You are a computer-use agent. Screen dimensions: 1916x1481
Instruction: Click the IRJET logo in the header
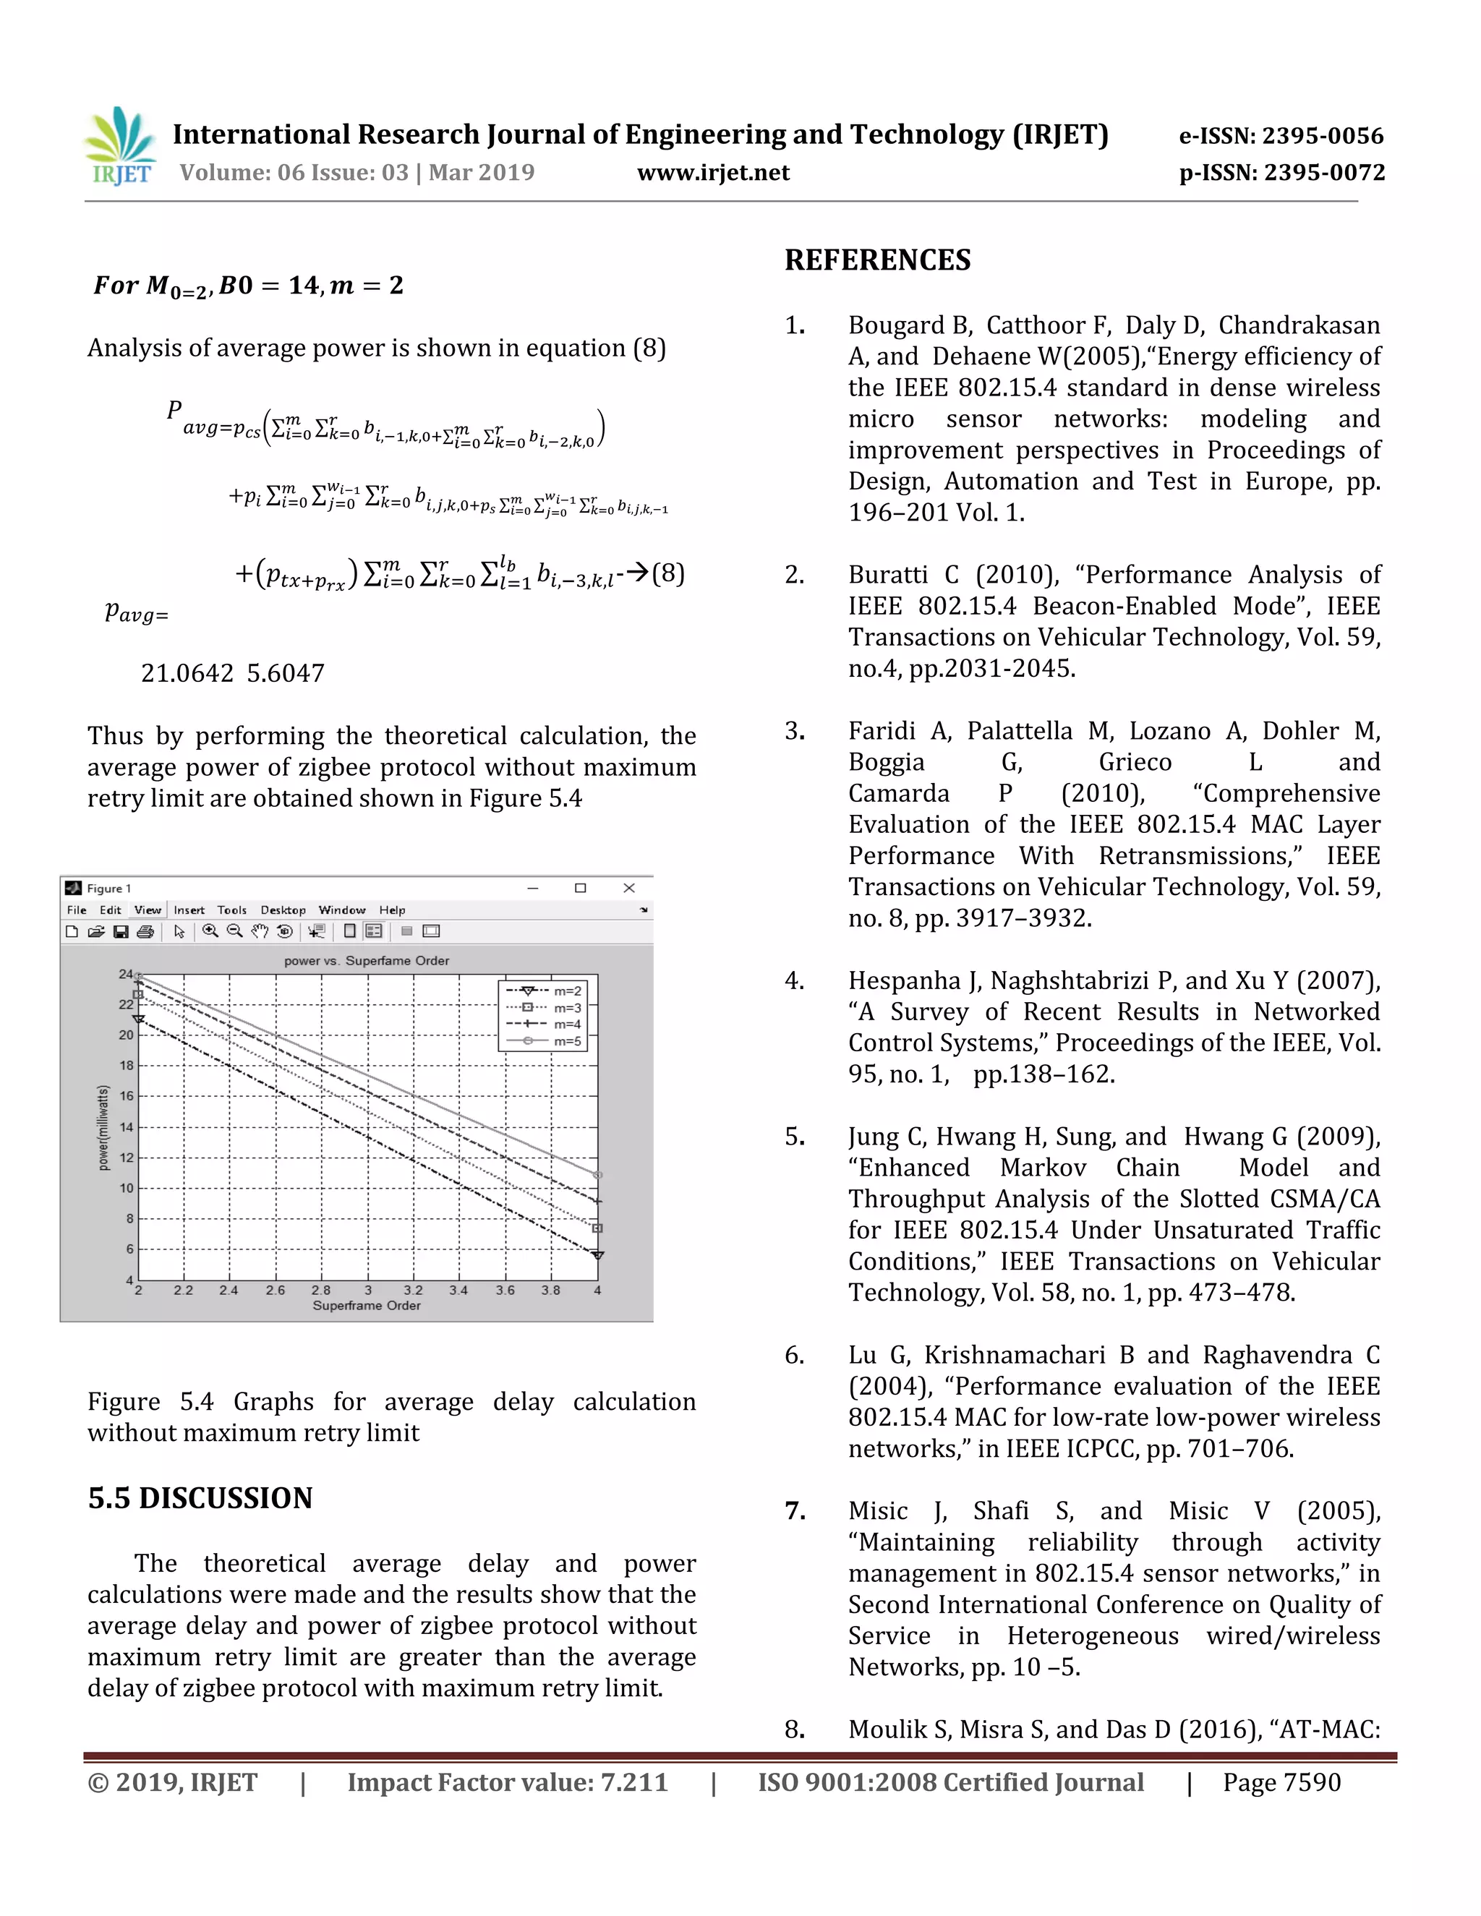(121, 147)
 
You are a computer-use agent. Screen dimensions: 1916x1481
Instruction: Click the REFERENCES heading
(877, 260)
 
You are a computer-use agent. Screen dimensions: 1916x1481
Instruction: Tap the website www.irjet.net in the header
(712, 173)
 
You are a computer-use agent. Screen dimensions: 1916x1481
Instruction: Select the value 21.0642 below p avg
(187, 673)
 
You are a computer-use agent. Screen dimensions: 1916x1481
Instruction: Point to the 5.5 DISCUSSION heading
(200, 1497)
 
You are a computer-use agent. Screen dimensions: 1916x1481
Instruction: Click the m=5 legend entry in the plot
(567, 1041)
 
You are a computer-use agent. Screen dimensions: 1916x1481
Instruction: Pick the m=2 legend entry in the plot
(567, 991)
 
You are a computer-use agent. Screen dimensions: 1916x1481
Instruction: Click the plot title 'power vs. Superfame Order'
(366, 961)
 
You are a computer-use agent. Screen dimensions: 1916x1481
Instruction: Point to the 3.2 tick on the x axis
(412, 1291)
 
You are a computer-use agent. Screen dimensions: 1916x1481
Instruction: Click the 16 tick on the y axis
(127, 1095)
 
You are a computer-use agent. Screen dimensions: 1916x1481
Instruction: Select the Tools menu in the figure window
(231, 910)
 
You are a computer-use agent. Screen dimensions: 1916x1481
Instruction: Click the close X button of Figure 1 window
(628, 888)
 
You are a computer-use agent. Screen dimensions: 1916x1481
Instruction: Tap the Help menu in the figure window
(391, 910)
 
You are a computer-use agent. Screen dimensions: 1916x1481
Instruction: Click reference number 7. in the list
(795, 1510)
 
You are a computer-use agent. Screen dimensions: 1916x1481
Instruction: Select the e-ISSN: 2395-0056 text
(1280, 136)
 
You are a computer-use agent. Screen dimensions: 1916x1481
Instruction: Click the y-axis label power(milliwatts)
(103, 1127)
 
